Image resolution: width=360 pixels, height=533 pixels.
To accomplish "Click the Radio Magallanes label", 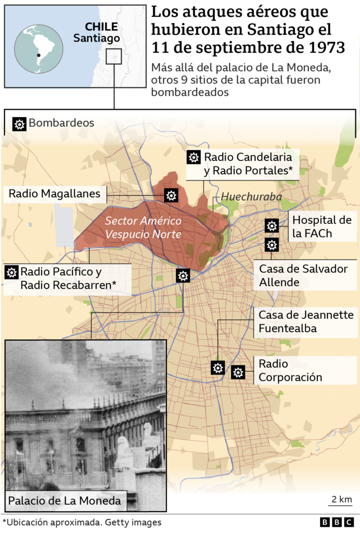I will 55,195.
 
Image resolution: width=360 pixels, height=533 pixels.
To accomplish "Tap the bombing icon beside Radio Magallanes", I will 171,195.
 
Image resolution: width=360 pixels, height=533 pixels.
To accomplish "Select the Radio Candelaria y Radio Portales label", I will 251,164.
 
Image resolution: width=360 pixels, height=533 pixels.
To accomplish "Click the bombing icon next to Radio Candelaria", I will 193,157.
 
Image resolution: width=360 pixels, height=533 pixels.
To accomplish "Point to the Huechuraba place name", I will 245,197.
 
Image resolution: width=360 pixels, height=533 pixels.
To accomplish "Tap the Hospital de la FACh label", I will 322,227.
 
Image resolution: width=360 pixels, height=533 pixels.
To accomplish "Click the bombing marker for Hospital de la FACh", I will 272,226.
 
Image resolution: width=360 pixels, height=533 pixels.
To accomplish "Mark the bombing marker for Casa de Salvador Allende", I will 272,245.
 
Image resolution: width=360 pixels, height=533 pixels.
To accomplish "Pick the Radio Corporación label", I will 290,371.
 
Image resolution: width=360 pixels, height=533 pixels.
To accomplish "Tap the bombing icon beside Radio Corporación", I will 238,372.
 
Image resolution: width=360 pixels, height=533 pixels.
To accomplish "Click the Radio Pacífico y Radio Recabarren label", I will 69,278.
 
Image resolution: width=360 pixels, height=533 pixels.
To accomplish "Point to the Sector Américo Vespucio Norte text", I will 143,227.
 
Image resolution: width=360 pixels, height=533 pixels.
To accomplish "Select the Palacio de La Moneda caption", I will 64,500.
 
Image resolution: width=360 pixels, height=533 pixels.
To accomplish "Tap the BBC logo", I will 338,523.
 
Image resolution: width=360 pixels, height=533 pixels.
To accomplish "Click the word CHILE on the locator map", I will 101,26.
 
